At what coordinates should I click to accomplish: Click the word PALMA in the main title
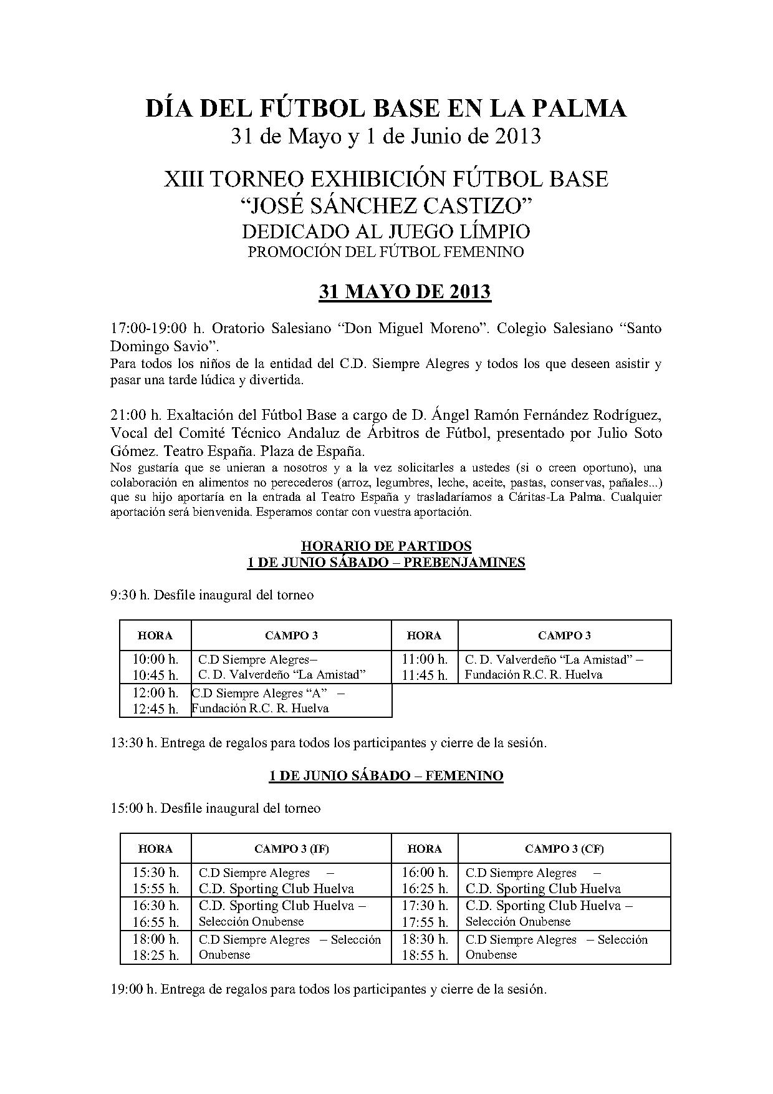pos(583,109)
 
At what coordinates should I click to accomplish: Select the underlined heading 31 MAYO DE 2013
pos(405,292)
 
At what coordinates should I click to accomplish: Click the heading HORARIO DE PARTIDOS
pos(386,546)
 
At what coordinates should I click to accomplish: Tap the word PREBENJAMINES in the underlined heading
pos(464,563)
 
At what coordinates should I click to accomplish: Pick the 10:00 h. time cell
pos(155,659)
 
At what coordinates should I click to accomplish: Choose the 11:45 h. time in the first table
pos(425,675)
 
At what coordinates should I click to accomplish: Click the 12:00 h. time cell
pos(155,693)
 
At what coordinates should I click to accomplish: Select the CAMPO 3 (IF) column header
pos(291,849)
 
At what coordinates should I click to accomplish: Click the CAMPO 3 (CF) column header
pos(564,849)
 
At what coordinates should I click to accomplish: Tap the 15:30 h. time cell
pos(155,873)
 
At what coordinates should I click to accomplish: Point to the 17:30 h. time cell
pos(425,906)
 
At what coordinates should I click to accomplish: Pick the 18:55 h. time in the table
pos(425,956)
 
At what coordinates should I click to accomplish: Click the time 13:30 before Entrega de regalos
pos(128,743)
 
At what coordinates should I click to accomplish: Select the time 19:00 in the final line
pos(128,990)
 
